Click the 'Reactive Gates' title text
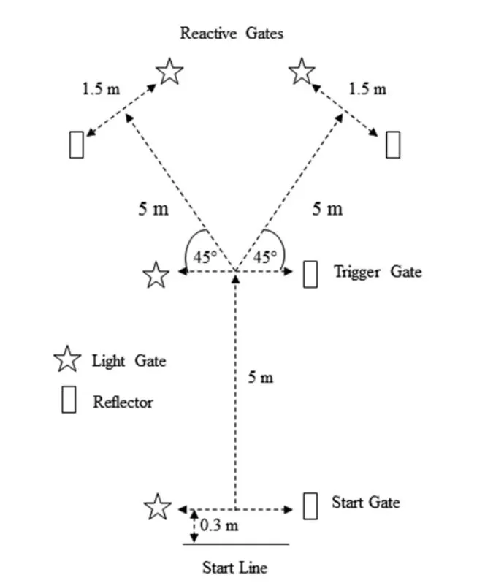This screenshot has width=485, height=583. [232, 33]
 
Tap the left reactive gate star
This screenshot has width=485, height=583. [170, 72]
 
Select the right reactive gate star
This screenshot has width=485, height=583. [302, 72]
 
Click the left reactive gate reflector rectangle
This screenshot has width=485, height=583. [76, 144]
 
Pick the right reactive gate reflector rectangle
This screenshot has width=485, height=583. [393, 144]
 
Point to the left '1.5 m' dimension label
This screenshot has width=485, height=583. [102, 90]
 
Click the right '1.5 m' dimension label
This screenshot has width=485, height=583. [367, 90]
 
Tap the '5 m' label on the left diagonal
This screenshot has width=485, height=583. [153, 208]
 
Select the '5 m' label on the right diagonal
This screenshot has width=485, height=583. [327, 208]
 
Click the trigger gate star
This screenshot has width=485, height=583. [156, 276]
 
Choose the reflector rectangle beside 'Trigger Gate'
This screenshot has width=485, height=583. [310, 274]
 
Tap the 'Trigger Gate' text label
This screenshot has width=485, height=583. [378, 273]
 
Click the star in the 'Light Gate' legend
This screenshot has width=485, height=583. [67, 359]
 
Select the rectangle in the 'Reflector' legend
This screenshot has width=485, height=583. [69, 400]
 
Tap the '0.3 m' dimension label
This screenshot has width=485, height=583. [219, 525]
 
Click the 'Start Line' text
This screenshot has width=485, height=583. [234, 568]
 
